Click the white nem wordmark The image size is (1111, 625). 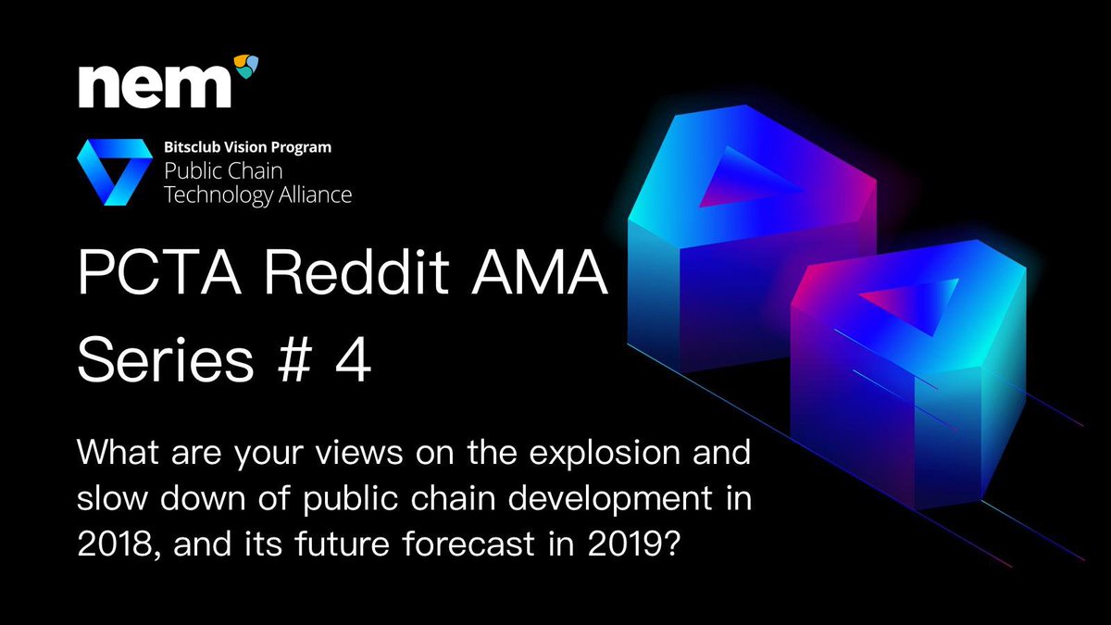(x=155, y=87)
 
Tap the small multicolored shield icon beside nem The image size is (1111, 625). (x=246, y=67)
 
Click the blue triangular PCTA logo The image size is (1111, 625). (x=115, y=172)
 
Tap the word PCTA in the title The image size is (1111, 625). (x=159, y=273)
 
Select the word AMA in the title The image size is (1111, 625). (x=539, y=273)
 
